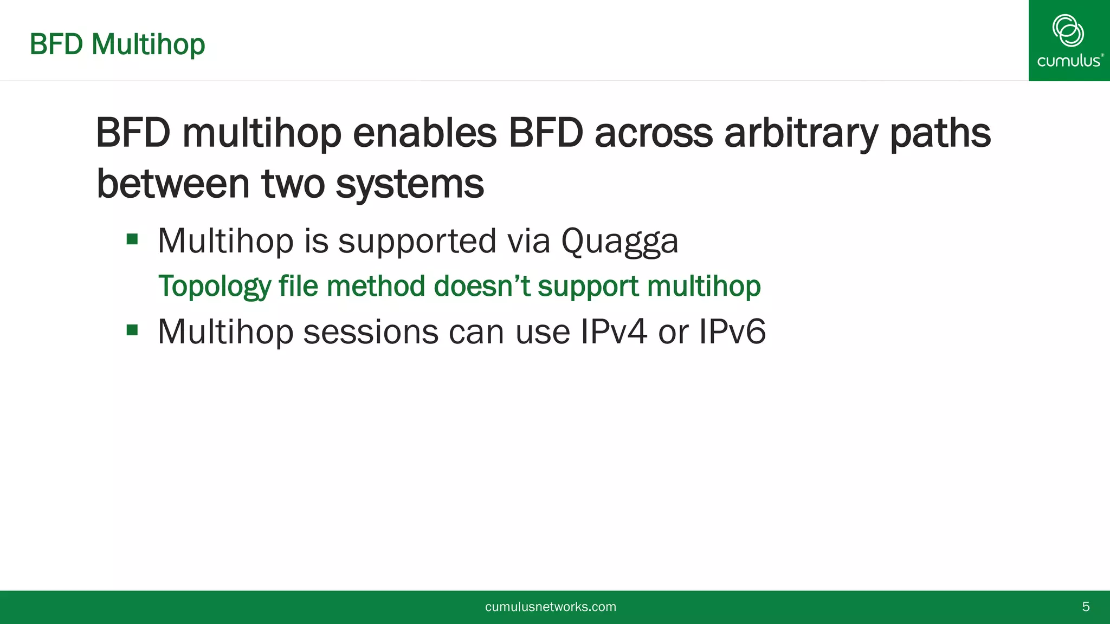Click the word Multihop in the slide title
[x=148, y=44]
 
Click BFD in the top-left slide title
[x=56, y=44]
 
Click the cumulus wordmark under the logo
[x=1069, y=61]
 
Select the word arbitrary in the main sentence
[x=801, y=133]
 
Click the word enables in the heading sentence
[x=424, y=133]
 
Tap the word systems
[x=409, y=184]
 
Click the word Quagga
[x=619, y=241]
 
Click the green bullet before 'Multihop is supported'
[x=132, y=239]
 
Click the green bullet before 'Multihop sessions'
[x=132, y=330]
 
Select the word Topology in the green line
[x=214, y=286]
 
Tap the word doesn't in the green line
[x=482, y=286]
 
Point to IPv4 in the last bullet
[x=614, y=331]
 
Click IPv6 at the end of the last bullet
[x=732, y=331]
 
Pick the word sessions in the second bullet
[x=371, y=331]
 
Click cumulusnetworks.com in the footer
[x=550, y=607]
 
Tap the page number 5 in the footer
[x=1086, y=607]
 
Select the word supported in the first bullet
[x=417, y=241]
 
